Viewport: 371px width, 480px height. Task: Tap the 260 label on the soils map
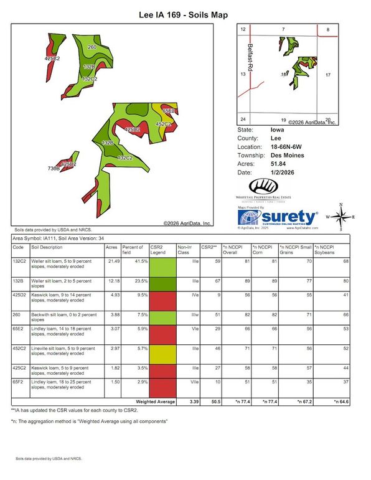coord(92,47)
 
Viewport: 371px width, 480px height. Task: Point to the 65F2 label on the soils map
coord(167,110)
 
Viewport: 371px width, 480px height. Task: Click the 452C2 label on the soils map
coord(162,125)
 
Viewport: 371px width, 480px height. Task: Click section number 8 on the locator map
coord(327,29)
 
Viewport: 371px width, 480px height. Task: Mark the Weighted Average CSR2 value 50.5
coord(213,403)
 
